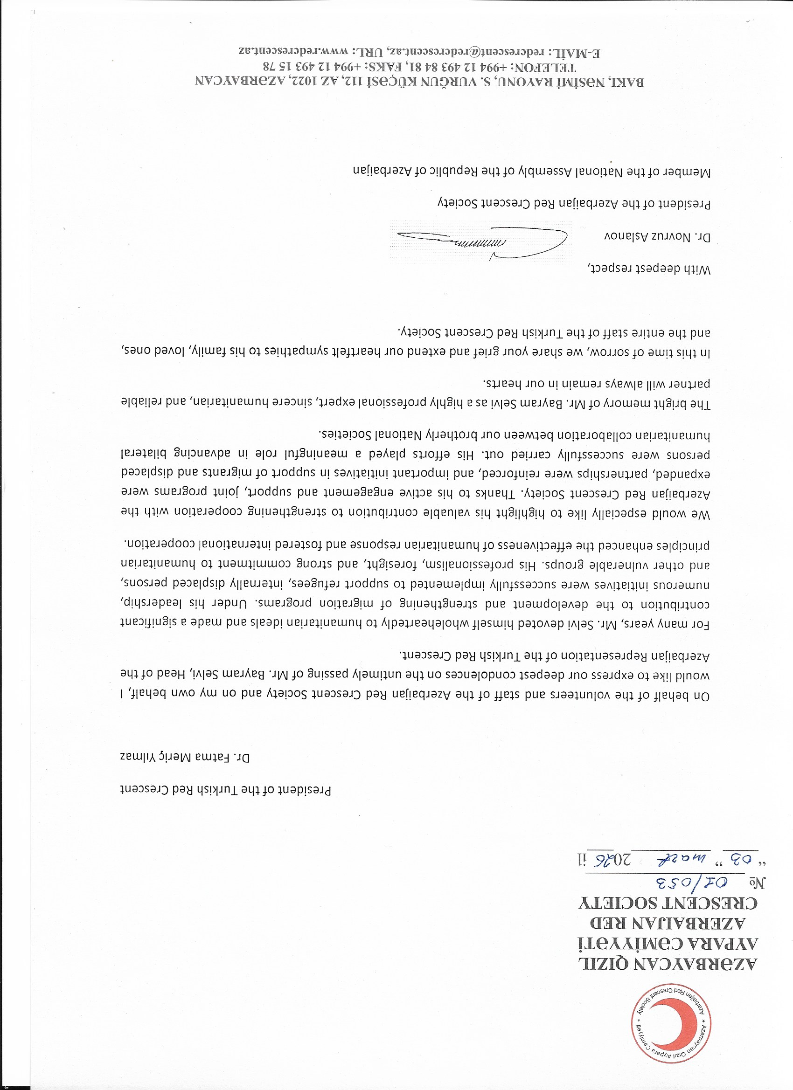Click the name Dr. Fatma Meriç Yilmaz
pyautogui.click(x=185, y=758)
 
